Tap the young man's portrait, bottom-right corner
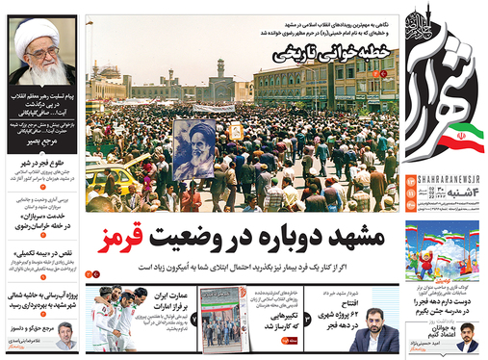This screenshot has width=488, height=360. point(468,338)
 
